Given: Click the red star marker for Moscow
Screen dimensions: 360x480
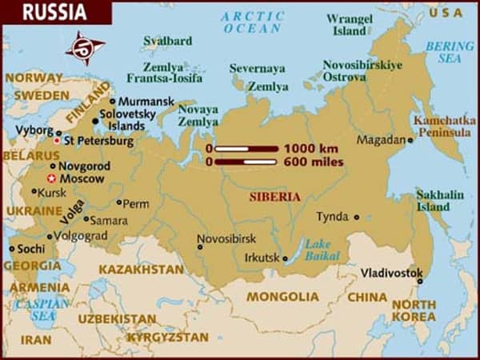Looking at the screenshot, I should click(x=52, y=178).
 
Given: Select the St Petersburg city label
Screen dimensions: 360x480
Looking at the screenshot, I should click(x=98, y=142).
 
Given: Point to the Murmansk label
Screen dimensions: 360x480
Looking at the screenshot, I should click(x=145, y=102).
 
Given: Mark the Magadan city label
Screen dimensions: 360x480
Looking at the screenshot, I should click(x=380, y=139).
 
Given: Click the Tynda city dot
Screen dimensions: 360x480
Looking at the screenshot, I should click(x=357, y=217).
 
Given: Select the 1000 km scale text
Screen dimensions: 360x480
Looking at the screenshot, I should click(x=310, y=148).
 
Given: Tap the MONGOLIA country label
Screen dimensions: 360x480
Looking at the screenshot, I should click(x=282, y=297).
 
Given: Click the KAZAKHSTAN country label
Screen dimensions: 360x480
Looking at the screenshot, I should click(x=142, y=270).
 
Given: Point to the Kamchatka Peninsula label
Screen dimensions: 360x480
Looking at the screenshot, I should click(x=442, y=125).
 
